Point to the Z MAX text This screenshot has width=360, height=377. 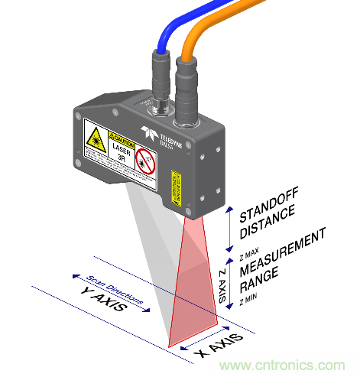tap(249, 249)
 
